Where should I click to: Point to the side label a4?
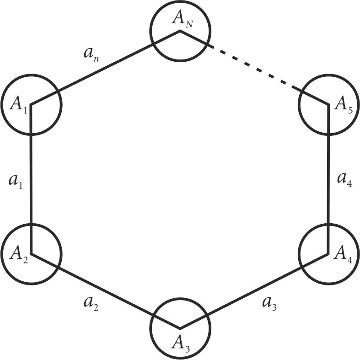pyautogui.click(x=344, y=177)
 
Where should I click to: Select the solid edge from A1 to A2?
pyautogui.click(x=31, y=178)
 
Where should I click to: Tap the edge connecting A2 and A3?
pyautogui.click(x=105, y=290)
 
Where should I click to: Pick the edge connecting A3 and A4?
pyautogui.click(x=254, y=290)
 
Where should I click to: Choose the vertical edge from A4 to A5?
pyautogui.click(x=328, y=178)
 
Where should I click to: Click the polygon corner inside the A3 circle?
pyautogui.click(x=180, y=328)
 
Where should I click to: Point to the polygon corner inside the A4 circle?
pyautogui.click(x=328, y=253)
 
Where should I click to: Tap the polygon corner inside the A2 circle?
pyautogui.click(x=31, y=253)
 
